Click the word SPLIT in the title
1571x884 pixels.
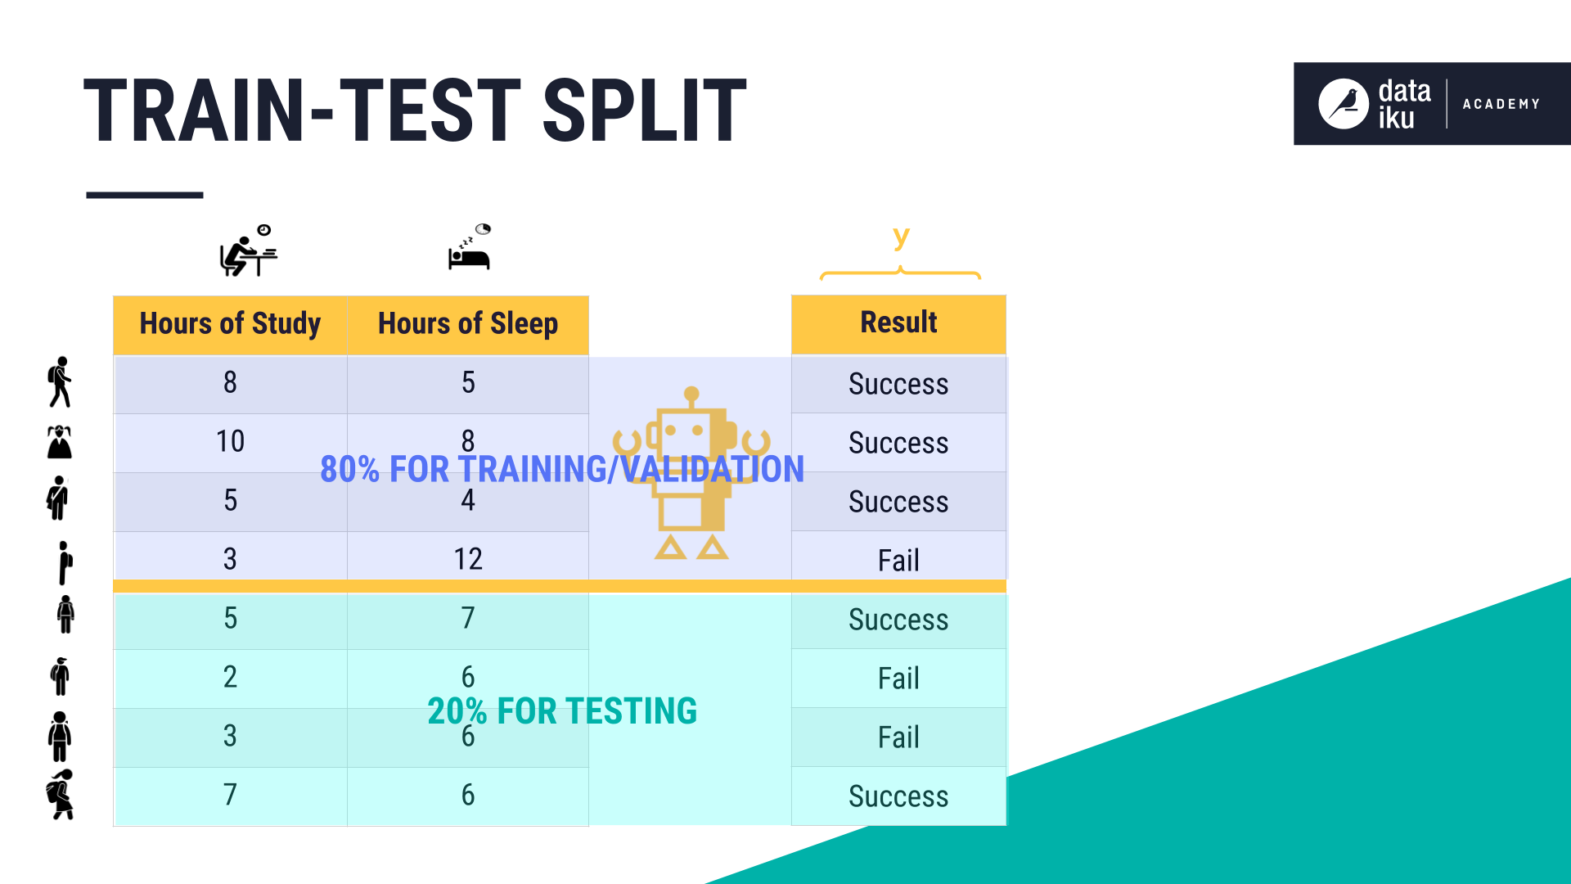(x=644, y=110)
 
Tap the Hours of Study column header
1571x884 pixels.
(x=230, y=325)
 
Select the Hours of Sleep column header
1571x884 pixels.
(x=468, y=325)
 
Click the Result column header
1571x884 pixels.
(x=898, y=324)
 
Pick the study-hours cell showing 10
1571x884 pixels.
(x=230, y=442)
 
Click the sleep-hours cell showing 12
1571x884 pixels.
(x=468, y=560)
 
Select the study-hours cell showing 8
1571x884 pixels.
(x=230, y=383)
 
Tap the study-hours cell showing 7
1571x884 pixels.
(x=230, y=796)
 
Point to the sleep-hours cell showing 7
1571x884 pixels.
(x=468, y=619)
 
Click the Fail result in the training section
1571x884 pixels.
(x=898, y=561)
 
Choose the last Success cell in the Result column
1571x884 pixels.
(x=898, y=796)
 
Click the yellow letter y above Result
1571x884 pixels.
(x=901, y=237)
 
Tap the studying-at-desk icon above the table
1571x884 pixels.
(x=249, y=250)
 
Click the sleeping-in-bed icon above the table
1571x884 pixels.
(x=470, y=246)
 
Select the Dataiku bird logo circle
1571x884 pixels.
(x=1343, y=104)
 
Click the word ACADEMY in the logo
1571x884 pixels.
(x=1501, y=104)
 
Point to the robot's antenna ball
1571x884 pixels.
(x=691, y=394)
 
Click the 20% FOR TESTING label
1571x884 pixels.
(x=562, y=711)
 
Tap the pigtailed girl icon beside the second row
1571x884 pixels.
(x=60, y=442)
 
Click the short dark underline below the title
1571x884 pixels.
(x=145, y=195)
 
